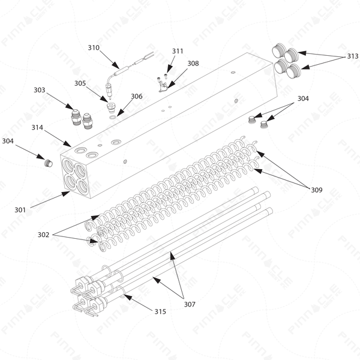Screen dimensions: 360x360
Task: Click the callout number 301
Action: (x=20, y=210)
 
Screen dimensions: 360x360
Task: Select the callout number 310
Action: (x=94, y=47)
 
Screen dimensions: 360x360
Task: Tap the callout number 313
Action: (x=353, y=56)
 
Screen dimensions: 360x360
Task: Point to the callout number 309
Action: (x=317, y=190)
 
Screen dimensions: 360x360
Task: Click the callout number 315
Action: (x=160, y=311)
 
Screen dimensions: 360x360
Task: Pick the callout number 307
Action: (x=190, y=304)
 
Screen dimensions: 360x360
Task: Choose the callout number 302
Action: (x=43, y=235)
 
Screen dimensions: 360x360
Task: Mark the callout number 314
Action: (x=37, y=127)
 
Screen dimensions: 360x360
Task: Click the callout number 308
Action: (x=193, y=64)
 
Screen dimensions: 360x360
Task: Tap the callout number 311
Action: (x=178, y=51)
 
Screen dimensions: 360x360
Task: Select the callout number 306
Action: (x=137, y=96)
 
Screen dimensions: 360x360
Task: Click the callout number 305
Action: (x=80, y=83)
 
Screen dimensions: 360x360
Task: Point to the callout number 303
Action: (x=40, y=90)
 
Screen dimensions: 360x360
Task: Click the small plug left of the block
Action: (x=48, y=163)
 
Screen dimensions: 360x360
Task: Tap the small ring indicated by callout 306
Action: (x=113, y=118)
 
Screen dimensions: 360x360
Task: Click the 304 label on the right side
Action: (x=303, y=98)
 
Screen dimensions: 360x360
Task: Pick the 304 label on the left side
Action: (x=8, y=141)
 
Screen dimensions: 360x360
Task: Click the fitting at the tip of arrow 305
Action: (x=111, y=107)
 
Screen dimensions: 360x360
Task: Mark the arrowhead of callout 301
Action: (x=66, y=193)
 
